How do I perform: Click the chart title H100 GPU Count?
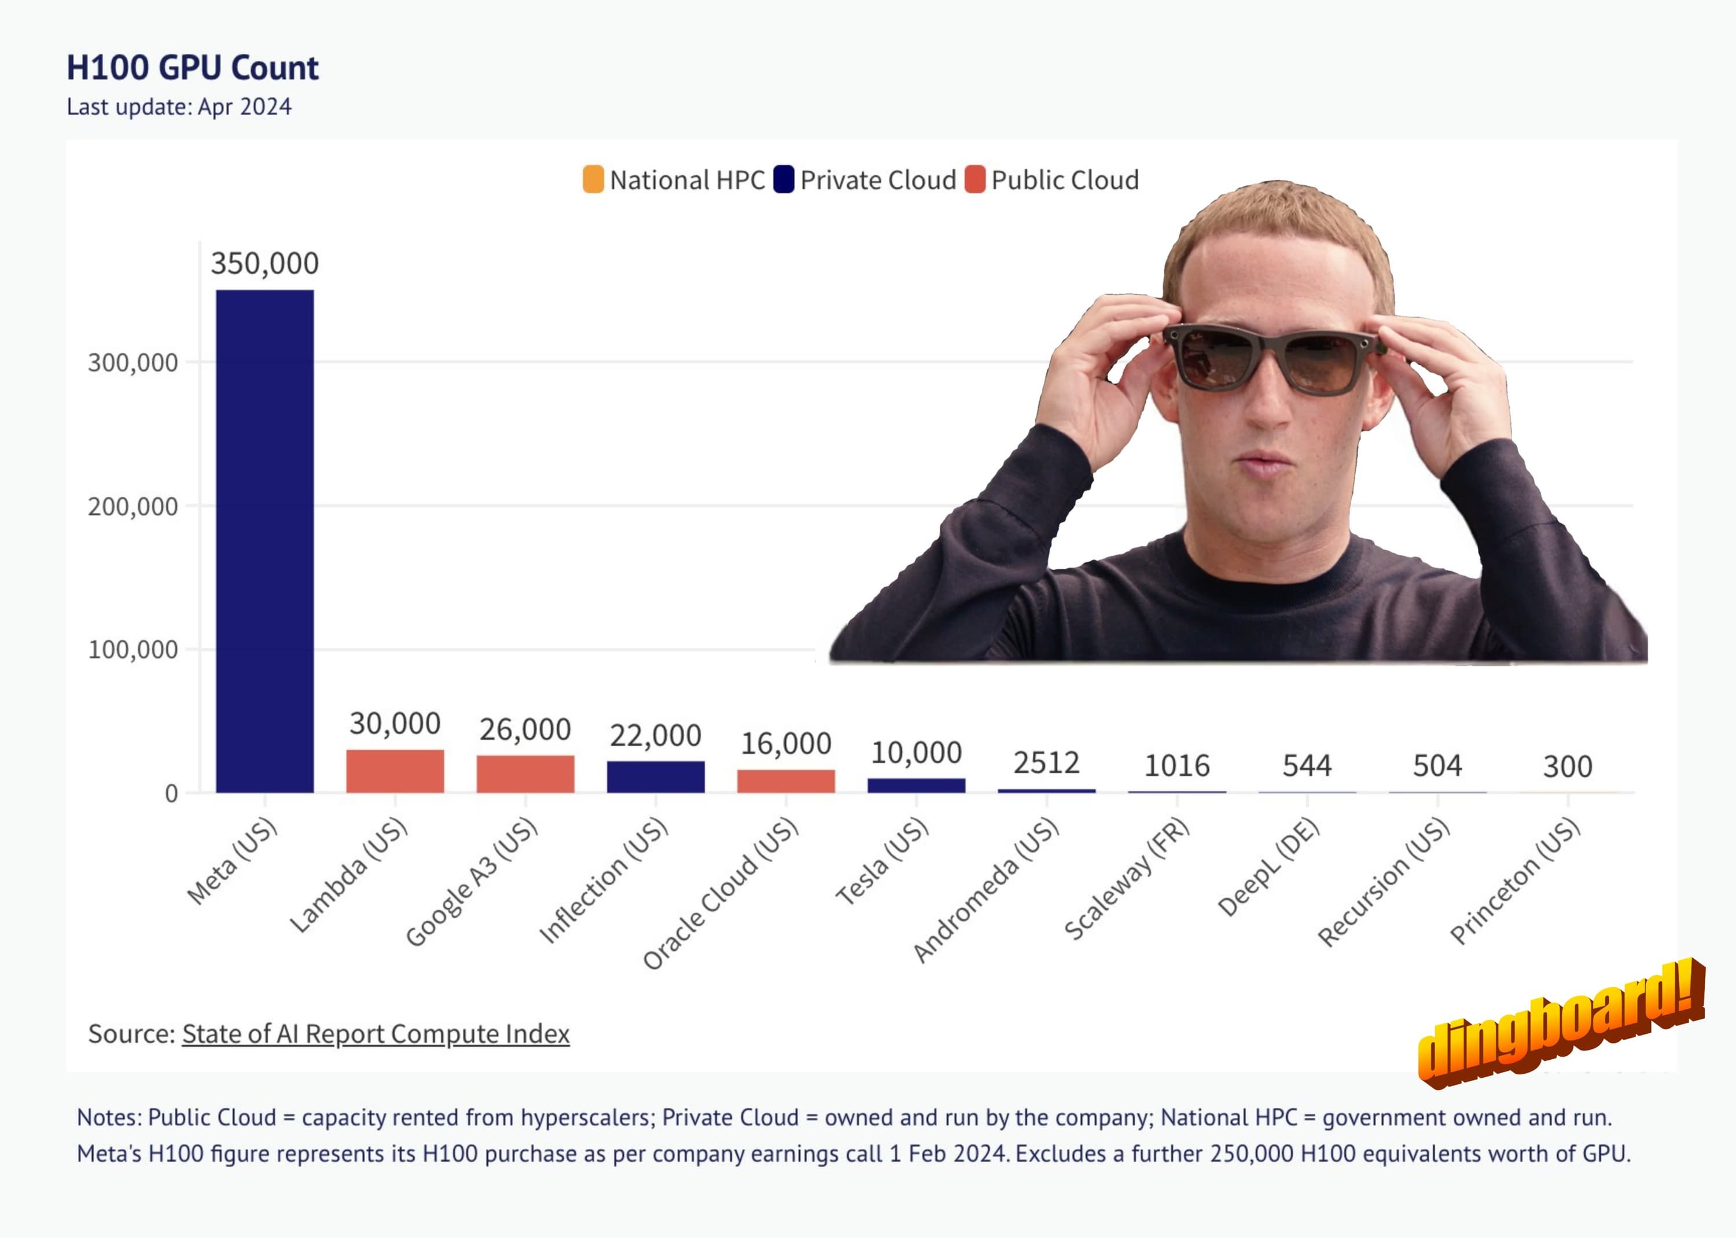pos(192,68)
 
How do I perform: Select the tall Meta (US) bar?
pos(264,541)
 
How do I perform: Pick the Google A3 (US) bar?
pos(525,774)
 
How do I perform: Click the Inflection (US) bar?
pos(656,777)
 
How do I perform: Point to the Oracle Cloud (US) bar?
pos(786,782)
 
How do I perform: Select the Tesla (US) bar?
pos(917,785)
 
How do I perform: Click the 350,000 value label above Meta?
pos(264,264)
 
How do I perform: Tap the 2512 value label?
pos(1046,762)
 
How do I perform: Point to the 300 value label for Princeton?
pos(1568,766)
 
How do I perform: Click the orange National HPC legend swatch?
pos(593,180)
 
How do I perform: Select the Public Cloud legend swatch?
pos(974,180)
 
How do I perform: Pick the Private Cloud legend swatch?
pos(784,180)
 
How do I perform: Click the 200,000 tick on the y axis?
pos(133,506)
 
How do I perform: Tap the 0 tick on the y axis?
pos(171,794)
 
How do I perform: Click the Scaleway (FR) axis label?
pos(1127,879)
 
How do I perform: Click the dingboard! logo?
pos(1561,1023)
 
